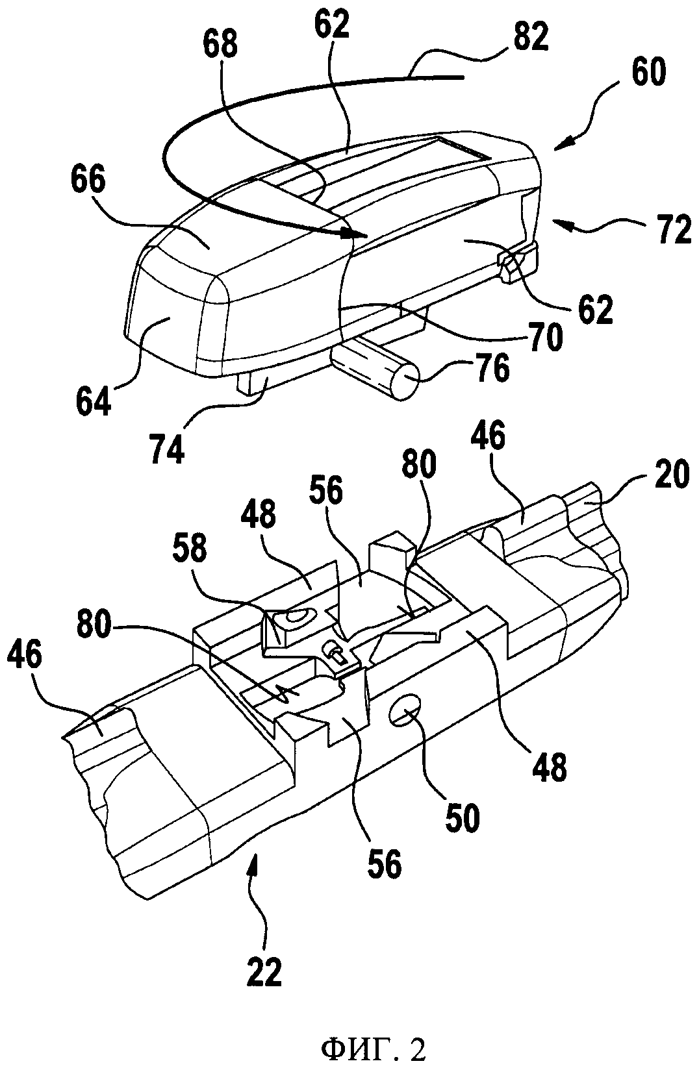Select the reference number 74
(167, 447)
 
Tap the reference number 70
(544, 336)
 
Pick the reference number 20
(672, 473)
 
